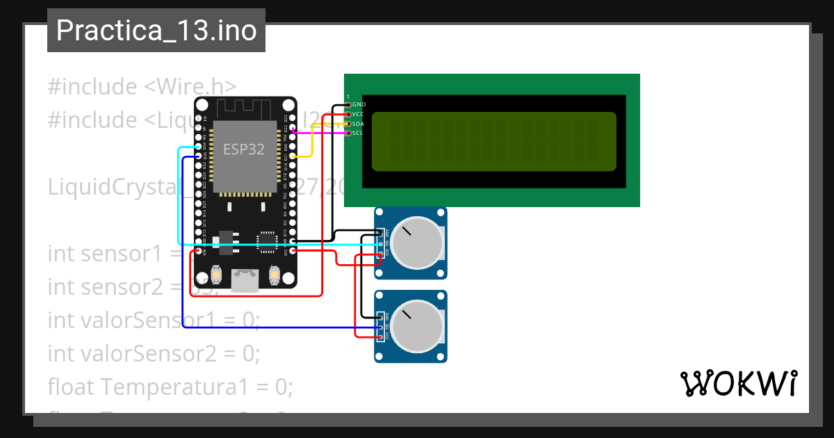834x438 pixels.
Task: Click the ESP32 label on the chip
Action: pos(243,149)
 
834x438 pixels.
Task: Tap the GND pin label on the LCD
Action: pos(359,104)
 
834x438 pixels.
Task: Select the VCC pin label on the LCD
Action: pos(358,114)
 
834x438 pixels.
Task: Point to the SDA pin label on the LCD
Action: pos(358,123)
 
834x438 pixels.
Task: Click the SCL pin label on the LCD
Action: pos(357,133)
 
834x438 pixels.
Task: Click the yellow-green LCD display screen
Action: pos(493,142)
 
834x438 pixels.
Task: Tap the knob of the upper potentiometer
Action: pos(416,243)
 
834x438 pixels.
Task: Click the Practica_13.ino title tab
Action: pos(156,31)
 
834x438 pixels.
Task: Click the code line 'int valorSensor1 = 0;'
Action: pos(154,320)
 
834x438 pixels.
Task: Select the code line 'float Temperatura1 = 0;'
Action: pos(170,386)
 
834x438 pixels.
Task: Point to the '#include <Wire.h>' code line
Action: pos(142,87)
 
